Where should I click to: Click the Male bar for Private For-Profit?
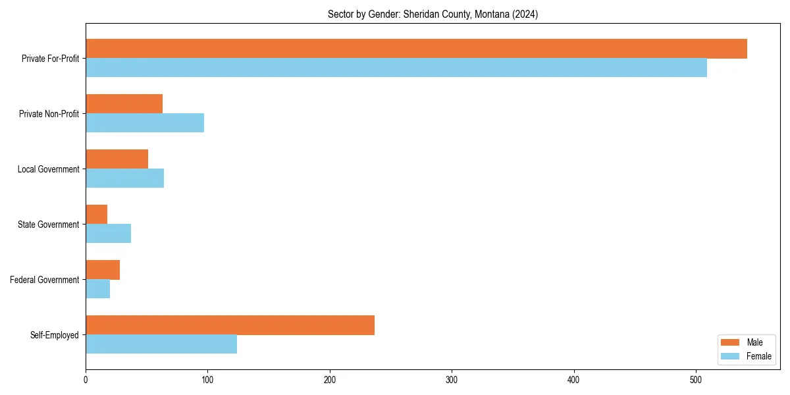(416, 49)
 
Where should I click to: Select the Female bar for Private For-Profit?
(396, 68)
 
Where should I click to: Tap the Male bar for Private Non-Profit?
(124, 104)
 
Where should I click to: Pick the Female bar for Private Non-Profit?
(145, 123)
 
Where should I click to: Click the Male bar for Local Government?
(117, 159)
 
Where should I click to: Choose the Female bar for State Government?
(108, 234)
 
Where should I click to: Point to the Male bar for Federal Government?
(103, 270)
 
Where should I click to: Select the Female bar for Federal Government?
(97, 289)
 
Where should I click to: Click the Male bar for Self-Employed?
(230, 325)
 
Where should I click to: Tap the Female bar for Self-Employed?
(161, 344)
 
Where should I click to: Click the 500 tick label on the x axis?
(696, 380)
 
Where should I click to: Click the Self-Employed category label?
(55, 335)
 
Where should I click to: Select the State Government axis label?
(48, 224)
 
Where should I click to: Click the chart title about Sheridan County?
(433, 14)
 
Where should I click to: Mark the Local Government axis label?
(48, 169)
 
